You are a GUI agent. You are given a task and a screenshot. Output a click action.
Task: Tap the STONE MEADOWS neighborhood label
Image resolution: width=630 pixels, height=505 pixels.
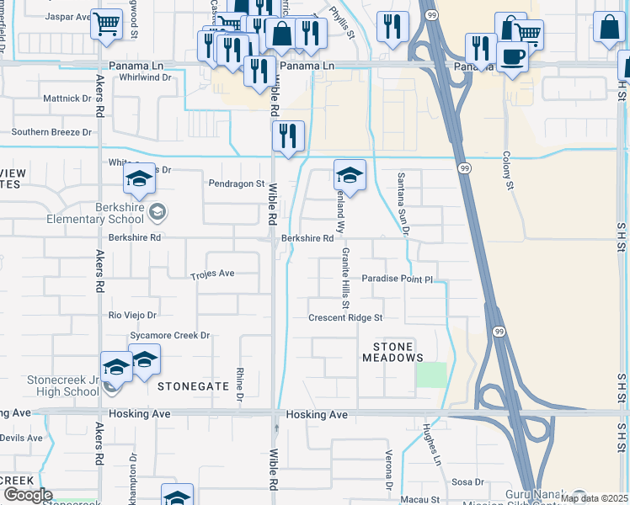(x=392, y=352)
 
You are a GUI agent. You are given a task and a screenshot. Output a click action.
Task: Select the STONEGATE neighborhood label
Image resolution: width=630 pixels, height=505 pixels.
(x=194, y=385)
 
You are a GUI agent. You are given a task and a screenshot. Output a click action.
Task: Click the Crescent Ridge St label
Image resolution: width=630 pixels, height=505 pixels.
(x=345, y=318)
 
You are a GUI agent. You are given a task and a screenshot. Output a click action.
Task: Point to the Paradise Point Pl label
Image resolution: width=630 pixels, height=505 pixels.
(x=397, y=279)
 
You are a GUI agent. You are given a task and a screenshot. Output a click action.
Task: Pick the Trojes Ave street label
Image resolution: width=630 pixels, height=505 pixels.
(x=212, y=274)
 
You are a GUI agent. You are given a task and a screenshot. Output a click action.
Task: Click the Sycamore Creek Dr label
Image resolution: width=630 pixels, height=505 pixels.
(x=169, y=335)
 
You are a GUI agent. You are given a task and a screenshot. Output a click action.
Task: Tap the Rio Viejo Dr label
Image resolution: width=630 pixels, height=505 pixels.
(x=133, y=315)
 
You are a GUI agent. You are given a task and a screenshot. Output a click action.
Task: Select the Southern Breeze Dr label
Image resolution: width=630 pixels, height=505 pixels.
(x=51, y=132)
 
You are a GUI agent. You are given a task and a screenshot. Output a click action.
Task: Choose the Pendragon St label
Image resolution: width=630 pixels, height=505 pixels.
(x=237, y=183)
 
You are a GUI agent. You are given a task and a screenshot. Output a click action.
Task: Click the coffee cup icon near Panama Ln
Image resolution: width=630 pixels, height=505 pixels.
(x=510, y=56)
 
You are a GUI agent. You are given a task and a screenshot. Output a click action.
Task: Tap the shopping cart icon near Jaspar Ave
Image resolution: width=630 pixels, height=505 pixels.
(x=105, y=25)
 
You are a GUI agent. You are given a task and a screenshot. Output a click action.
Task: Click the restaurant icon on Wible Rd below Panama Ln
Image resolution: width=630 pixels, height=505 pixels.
(x=289, y=136)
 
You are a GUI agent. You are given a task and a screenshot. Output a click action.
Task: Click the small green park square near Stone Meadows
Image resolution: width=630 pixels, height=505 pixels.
(x=431, y=375)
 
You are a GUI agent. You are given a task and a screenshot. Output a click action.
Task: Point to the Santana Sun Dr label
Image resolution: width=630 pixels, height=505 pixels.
(x=404, y=202)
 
